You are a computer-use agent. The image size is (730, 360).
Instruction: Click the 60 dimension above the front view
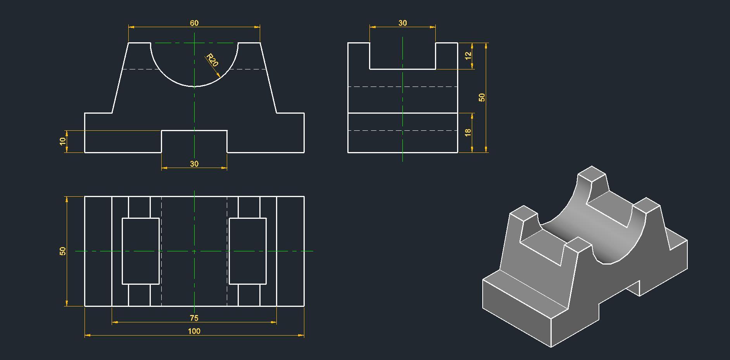pyautogui.click(x=194, y=23)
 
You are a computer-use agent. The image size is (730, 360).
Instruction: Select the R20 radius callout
pyautogui.click(x=212, y=60)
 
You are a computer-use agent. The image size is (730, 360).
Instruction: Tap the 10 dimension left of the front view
pyautogui.click(x=63, y=142)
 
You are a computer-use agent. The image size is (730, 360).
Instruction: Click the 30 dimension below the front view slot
pyautogui.click(x=194, y=164)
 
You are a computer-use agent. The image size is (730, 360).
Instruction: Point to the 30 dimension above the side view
pyautogui.click(x=402, y=23)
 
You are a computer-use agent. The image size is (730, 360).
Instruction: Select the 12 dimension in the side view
pyautogui.click(x=468, y=56)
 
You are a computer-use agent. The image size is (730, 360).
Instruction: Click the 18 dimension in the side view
pyautogui.click(x=468, y=132)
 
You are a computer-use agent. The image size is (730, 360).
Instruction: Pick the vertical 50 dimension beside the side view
pyautogui.click(x=482, y=97)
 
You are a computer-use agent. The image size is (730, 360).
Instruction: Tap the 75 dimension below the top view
pyautogui.click(x=194, y=318)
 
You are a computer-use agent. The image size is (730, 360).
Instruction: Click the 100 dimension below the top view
pyautogui.click(x=194, y=331)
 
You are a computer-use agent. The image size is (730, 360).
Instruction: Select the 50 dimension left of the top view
pyautogui.click(x=63, y=251)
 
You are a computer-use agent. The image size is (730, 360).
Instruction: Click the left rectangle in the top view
pyautogui.click(x=141, y=251)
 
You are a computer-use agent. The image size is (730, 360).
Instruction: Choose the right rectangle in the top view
pyautogui.click(x=248, y=251)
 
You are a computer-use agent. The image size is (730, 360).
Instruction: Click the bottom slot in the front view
pyautogui.click(x=194, y=142)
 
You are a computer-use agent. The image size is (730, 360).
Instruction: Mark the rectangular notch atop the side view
pyautogui.click(x=402, y=56)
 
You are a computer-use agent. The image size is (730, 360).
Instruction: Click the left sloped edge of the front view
pyautogui.click(x=120, y=78)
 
